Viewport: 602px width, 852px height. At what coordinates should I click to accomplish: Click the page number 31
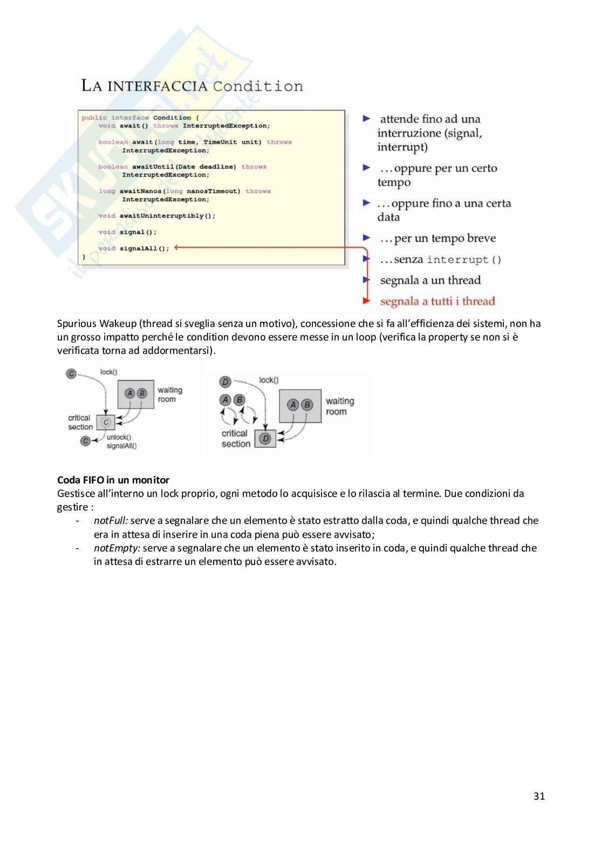coord(539,796)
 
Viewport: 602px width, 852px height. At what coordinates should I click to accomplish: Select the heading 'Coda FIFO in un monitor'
coord(113,480)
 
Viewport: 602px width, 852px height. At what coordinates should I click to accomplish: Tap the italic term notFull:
coord(111,521)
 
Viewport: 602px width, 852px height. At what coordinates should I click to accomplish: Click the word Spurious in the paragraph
coord(77,324)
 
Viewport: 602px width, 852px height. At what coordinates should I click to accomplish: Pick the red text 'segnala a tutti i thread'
coord(437,301)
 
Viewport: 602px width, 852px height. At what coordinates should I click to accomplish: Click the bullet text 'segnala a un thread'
coord(430,280)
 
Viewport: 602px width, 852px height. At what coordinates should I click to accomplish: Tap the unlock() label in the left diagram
coord(119,437)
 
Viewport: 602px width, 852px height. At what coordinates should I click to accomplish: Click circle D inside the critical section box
coord(265,439)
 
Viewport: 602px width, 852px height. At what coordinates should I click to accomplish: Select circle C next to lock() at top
coord(71,373)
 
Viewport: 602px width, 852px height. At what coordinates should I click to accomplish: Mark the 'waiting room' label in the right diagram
coord(339,406)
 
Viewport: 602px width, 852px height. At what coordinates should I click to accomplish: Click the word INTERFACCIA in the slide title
coord(158,86)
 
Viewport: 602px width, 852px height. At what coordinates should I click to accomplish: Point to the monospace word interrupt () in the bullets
coord(464,260)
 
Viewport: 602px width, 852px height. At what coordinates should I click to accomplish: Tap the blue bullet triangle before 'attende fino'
coord(367,118)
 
